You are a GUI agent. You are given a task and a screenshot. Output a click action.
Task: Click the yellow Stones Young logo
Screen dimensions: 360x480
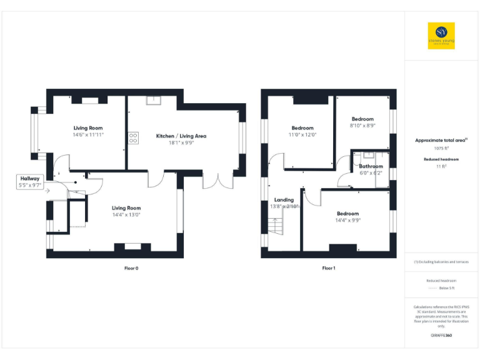441,36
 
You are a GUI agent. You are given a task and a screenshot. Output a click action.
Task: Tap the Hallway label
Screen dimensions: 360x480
29,179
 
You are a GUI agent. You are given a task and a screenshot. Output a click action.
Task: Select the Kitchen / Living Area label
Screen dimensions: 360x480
181,136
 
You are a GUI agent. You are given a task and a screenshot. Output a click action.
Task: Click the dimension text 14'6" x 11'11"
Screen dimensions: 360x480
87,134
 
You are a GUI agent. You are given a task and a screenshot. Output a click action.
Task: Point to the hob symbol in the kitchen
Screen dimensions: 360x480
133,139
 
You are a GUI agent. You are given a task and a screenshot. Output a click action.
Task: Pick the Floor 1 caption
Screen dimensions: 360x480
329,268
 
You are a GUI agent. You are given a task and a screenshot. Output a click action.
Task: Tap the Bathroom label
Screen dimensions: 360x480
371,166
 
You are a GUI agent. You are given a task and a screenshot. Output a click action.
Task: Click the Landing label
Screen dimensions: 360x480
284,200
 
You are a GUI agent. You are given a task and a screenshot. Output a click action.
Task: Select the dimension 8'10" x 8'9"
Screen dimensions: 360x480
362,126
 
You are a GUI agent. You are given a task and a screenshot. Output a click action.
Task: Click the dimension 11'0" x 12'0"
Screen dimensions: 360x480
302,134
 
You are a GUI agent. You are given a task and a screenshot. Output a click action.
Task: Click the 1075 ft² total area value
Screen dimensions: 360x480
441,148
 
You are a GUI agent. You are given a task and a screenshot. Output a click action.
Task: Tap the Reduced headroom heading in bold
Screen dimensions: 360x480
441,159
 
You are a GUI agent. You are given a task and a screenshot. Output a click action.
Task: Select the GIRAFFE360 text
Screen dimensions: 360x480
441,336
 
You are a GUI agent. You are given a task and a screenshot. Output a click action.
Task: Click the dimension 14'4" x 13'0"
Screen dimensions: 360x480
126,215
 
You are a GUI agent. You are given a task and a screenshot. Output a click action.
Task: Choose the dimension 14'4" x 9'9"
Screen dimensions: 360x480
347,220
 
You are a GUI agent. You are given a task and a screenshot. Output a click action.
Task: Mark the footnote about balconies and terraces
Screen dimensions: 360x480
441,262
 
